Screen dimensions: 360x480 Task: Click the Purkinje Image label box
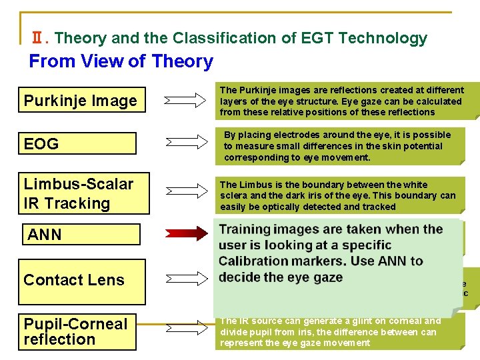click(x=81, y=101)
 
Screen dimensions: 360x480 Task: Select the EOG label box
click(x=81, y=143)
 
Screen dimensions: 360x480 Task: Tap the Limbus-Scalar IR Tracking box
click(x=81, y=193)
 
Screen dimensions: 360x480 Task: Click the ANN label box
click(x=81, y=235)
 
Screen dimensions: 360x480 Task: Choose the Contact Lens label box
click(x=81, y=281)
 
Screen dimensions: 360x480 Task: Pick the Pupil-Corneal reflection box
click(x=77, y=331)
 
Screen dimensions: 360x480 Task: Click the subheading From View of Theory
click(x=121, y=61)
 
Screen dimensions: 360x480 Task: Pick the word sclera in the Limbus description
click(x=234, y=195)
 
